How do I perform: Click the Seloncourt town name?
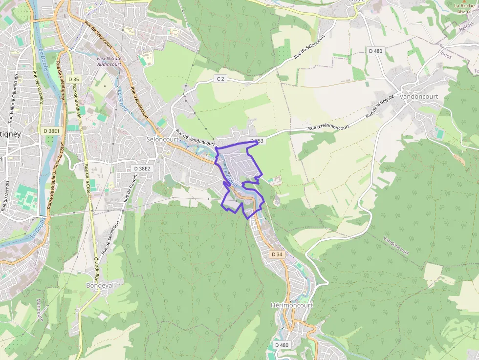(163, 139)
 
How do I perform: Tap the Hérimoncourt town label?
(291, 305)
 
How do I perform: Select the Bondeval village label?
(100, 285)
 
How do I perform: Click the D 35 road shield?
(74, 79)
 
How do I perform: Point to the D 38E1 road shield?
(51, 131)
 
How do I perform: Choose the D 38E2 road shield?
(142, 168)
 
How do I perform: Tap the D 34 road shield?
(277, 254)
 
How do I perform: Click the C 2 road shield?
(221, 79)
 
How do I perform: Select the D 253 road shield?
(257, 141)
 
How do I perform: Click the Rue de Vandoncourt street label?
(195, 138)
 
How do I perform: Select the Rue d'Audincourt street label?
(139, 103)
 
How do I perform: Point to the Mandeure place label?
(40, 310)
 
